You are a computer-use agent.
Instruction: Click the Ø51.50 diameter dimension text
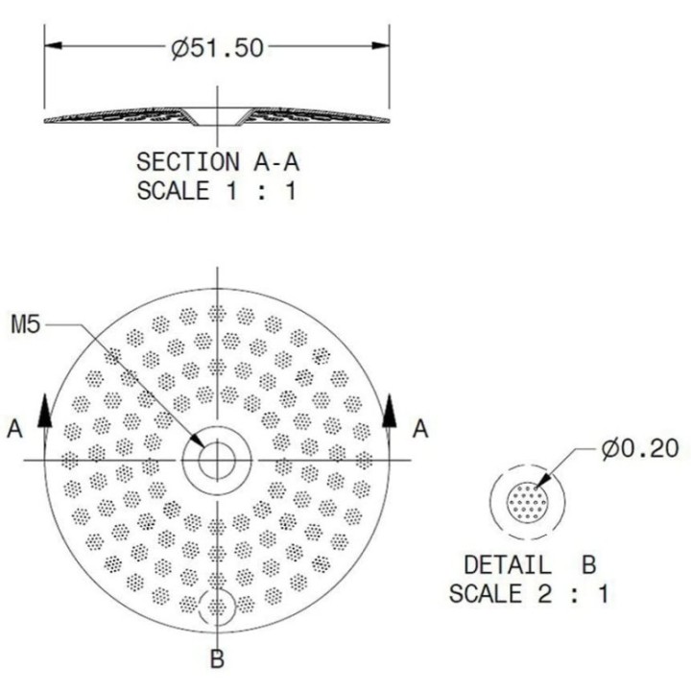[218, 48]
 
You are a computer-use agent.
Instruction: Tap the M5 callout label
[26, 324]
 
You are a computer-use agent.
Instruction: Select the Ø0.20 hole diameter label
[640, 449]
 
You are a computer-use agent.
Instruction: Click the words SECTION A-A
[218, 162]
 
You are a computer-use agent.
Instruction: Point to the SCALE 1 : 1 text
[216, 191]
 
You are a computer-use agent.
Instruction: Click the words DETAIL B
[530, 565]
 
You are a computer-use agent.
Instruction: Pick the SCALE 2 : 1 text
[529, 594]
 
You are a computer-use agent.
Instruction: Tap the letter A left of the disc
[15, 429]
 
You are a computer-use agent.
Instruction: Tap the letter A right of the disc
[420, 429]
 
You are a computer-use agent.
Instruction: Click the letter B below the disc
[217, 659]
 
